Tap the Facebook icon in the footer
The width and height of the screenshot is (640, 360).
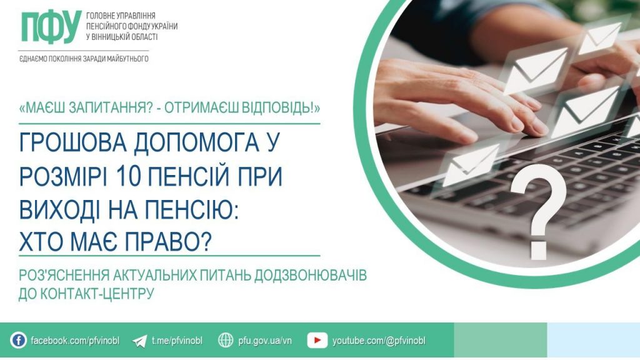19,341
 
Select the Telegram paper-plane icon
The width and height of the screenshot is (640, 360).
140,341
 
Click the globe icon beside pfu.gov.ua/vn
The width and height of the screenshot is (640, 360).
226,341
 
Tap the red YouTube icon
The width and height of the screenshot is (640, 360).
317,341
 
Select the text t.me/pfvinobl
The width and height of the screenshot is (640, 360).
177,341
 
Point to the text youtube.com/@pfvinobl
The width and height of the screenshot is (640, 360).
379,341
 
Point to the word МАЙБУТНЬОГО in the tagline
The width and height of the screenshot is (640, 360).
126,59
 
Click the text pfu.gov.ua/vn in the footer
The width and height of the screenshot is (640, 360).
265,341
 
